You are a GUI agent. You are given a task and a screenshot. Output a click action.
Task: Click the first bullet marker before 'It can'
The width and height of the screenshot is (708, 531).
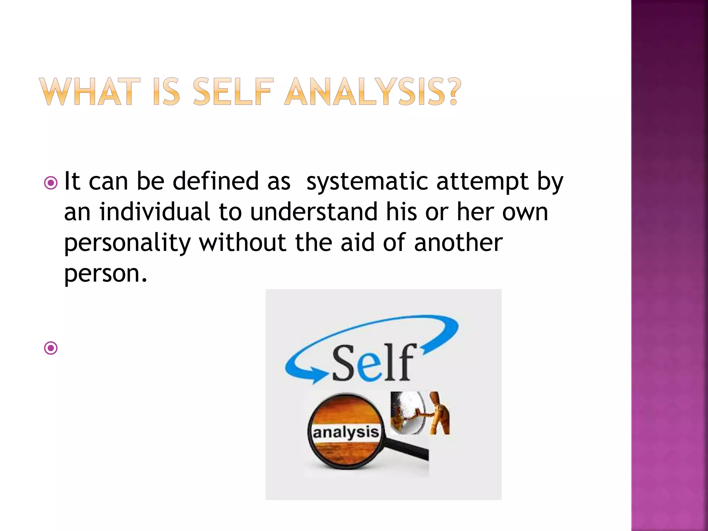(51, 183)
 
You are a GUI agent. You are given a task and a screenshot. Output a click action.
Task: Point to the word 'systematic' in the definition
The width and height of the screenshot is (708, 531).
(367, 182)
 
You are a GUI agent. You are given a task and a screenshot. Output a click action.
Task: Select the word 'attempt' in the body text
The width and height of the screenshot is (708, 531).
(482, 182)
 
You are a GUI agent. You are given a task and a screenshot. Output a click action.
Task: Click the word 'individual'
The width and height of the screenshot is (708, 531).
(155, 212)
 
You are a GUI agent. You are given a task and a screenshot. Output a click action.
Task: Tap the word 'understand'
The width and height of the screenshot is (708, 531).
(314, 212)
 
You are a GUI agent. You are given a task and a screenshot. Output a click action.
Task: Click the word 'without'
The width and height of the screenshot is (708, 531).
(242, 242)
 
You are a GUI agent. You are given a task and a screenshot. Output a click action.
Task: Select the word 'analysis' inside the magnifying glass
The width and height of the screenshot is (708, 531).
(346, 432)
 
